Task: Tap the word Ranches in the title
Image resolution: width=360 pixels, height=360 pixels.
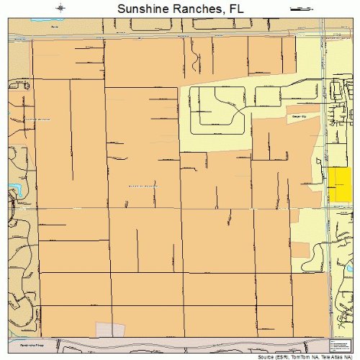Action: pos(194,9)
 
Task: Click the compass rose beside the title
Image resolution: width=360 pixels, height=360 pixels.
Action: pos(61,9)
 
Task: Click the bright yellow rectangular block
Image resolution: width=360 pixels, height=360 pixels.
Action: pos(339,184)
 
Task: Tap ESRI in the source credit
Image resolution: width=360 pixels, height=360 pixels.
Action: pos(282,356)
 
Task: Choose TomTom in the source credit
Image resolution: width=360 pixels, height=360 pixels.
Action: pos(300,356)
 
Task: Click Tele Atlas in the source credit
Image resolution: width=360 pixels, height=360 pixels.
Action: pos(332,356)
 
